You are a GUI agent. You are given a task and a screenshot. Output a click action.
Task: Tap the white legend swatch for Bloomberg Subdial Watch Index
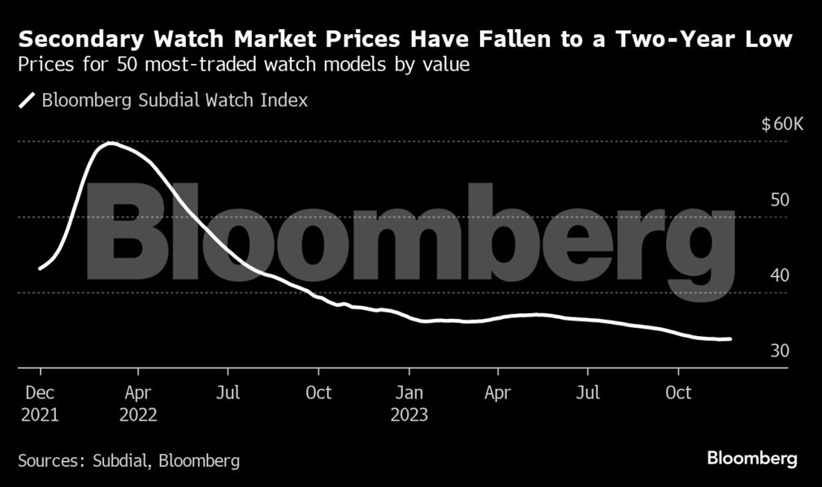[28, 101]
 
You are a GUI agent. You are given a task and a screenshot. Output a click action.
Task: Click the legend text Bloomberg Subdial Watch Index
[174, 101]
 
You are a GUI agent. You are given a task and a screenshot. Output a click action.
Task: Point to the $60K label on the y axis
[782, 124]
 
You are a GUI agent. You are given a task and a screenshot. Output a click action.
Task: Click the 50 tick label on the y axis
[779, 200]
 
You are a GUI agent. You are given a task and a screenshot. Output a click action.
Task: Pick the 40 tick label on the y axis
[779, 275]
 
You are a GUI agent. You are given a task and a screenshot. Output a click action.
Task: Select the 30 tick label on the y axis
[779, 351]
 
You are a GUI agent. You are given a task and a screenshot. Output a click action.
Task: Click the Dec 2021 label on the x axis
[40, 403]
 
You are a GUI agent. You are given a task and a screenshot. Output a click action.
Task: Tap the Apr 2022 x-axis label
[138, 403]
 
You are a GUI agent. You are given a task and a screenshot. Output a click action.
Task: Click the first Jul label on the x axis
[228, 393]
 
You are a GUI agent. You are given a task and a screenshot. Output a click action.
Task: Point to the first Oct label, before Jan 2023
[318, 393]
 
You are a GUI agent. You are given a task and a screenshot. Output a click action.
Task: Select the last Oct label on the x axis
[678, 393]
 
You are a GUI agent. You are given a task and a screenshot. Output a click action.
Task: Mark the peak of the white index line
[110, 144]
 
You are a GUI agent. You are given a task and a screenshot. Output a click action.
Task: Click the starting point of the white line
[40, 268]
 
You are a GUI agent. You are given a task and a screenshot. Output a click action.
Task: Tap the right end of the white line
[730, 339]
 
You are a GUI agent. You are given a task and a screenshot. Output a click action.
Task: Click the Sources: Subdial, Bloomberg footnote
[128, 461]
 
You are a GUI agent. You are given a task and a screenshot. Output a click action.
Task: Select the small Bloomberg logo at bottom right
[751, 459]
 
